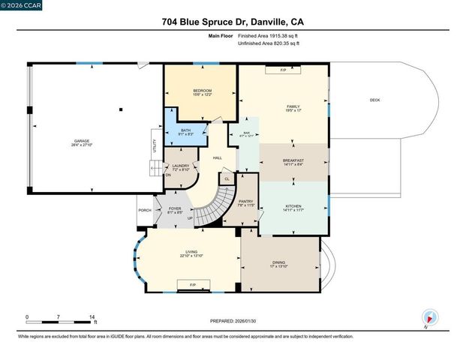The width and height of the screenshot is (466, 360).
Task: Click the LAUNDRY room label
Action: coord(180,167)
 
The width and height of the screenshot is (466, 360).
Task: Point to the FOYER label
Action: coord(174,209)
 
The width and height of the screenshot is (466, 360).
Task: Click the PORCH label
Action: coord(145,210)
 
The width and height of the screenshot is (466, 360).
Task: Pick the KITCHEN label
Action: coord(293,208)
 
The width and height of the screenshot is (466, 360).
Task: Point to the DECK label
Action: coord(374,100)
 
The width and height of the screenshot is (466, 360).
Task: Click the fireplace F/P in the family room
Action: coord(283,70)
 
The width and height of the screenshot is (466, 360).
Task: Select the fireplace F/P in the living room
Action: coord(193,285)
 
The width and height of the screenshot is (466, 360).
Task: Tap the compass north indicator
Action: coord(428,318)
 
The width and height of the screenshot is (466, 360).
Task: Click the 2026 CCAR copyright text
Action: coord(20,5)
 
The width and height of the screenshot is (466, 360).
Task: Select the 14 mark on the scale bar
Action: coord(92,317)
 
